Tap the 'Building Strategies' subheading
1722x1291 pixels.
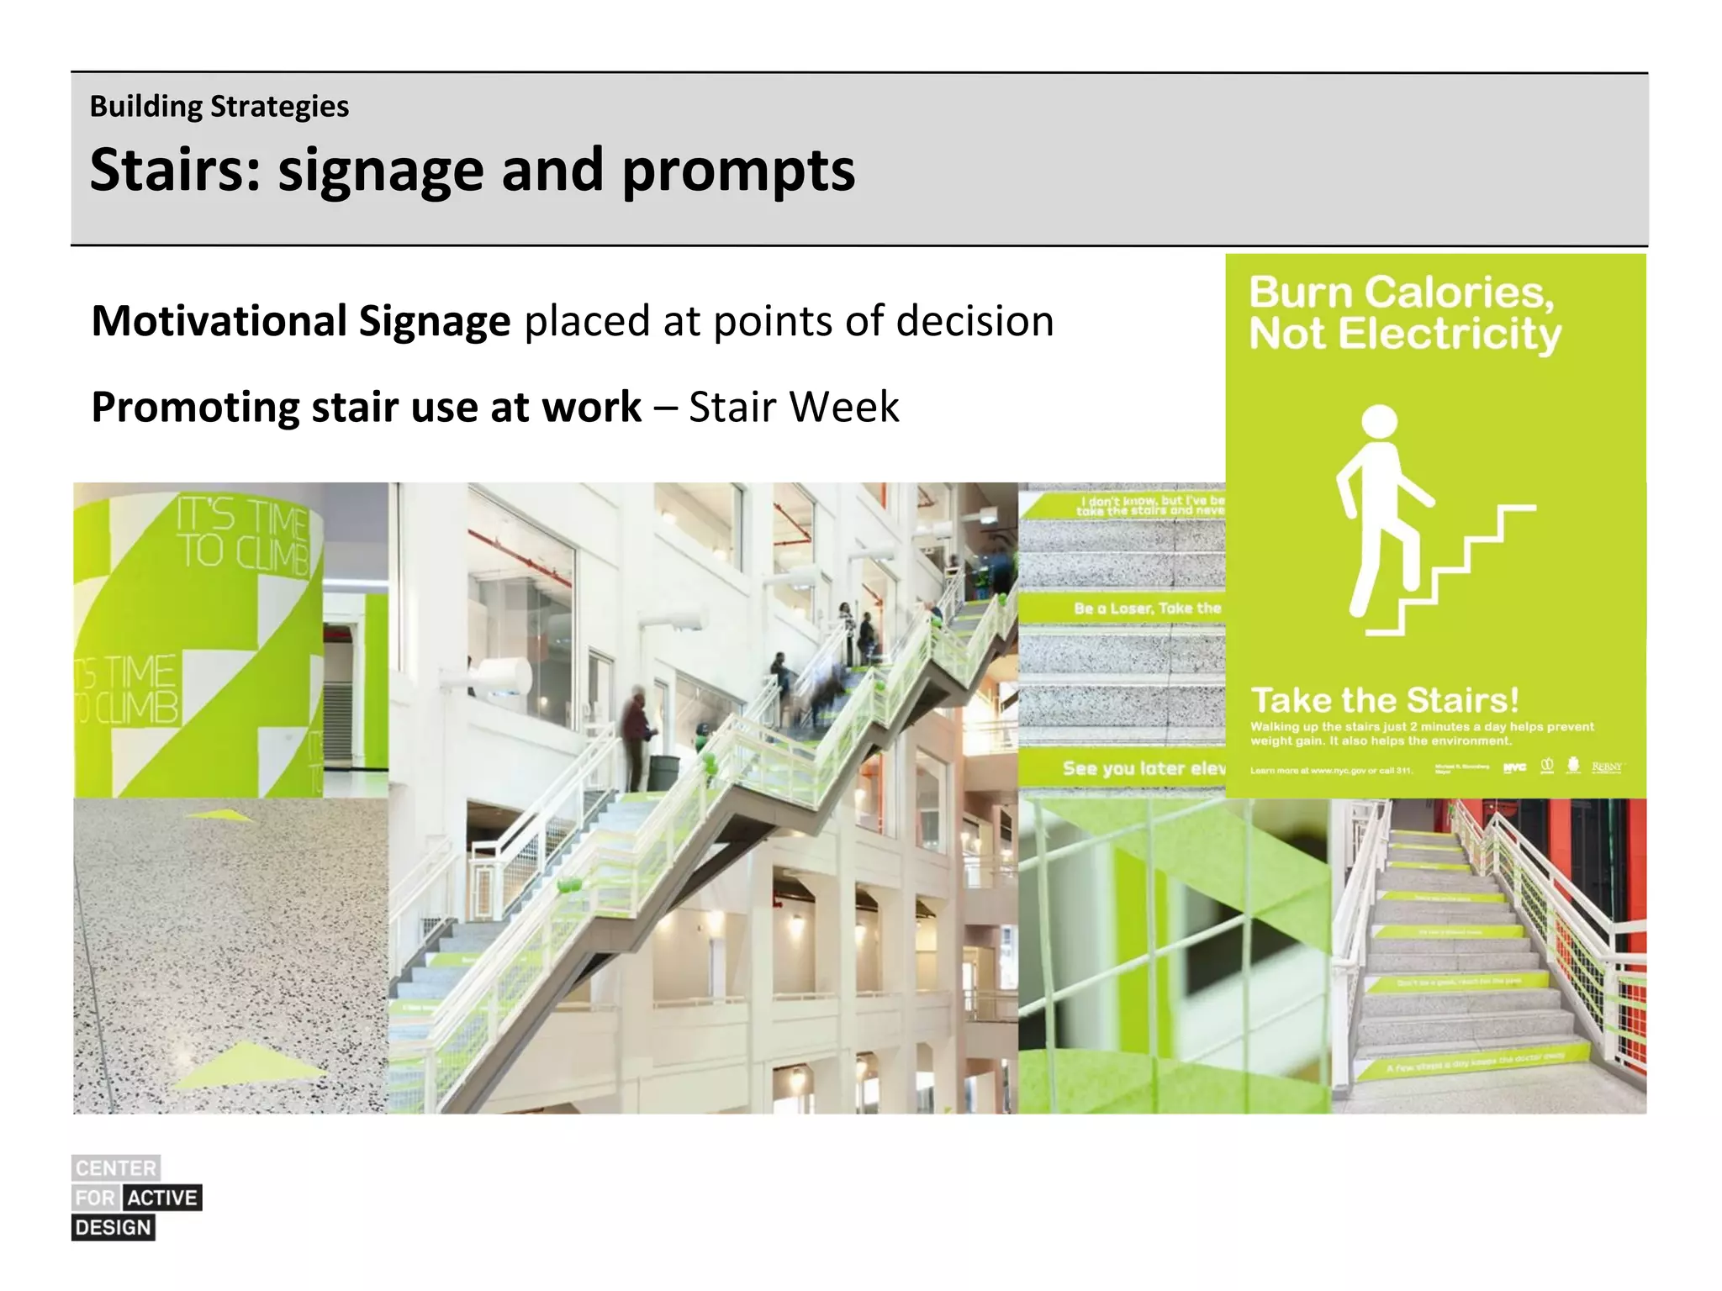point(219,107)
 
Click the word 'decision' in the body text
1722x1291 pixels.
point(975,321)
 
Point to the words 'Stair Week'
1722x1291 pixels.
point(794,408)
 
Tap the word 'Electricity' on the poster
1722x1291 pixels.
point(1450,334)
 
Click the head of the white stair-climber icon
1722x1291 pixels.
point(1379,421)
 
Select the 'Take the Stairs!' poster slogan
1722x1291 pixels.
point(1385,700)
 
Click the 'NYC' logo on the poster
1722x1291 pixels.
point(1514,767)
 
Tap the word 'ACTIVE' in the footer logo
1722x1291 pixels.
point(163,1198)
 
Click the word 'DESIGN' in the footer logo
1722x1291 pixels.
point(114,1228)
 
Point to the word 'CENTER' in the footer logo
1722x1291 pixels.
point(116,1168)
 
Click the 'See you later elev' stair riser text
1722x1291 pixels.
point(1143,768)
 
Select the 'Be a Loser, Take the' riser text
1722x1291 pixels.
point(1147,608)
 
